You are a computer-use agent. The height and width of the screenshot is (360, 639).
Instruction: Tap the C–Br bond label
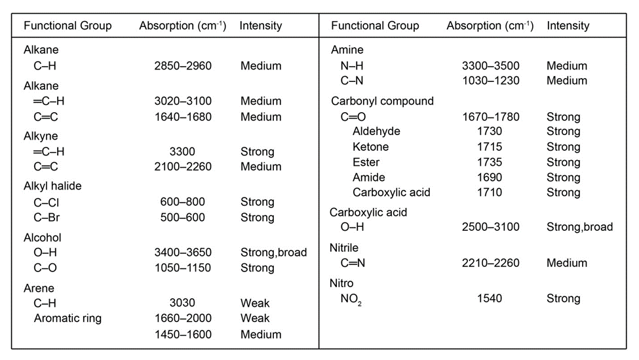[x=47, y=217]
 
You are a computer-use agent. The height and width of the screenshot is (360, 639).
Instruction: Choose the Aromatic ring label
[x=68, y=319]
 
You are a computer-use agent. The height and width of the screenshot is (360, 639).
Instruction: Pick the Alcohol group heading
[x=43, y=237]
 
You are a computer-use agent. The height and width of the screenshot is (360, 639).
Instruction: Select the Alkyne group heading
[x=41, y=136]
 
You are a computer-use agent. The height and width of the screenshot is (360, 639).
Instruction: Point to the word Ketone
[x=370, y=146]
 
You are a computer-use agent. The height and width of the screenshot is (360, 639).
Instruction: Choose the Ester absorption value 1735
[x=490, y=162]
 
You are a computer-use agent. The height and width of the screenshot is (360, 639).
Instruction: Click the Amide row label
[x=369, y=177]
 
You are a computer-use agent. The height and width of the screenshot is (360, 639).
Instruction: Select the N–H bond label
[x=354, y=66]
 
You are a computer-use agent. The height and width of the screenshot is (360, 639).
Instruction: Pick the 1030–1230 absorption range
[x=492, y=81]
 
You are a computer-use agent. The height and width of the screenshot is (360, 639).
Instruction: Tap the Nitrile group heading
[x=345, y=248]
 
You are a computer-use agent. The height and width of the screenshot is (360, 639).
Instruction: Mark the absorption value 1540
[x=490, y=298]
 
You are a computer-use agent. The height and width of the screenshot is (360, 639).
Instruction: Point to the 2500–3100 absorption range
[x=492, y=227]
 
